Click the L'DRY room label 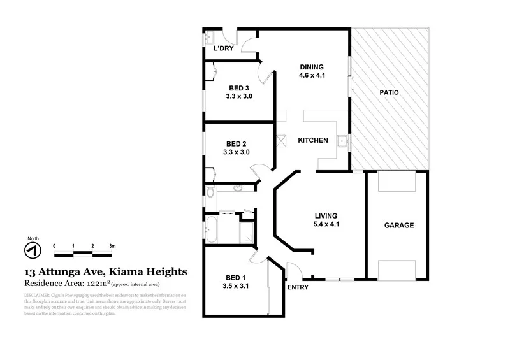[x=224, y=49]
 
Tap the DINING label [x=312, y=68]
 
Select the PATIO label [x=390, y=92]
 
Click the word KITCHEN [x=312, y=140]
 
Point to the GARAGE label [x=398, y=226]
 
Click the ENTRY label [x=298, y=287]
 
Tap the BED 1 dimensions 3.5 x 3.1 [x=237, y=286]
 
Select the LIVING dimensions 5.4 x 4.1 [x=325, y=224]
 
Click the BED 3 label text [x=240, y=88]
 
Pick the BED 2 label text [x=240, y=143]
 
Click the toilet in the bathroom [x=210, y=189]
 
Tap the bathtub [x=210, y=230]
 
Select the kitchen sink [x=342, y=141]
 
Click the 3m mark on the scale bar [x=112, y=245]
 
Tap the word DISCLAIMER [x=40, y=296]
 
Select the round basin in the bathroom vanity [x=238, y=188]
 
